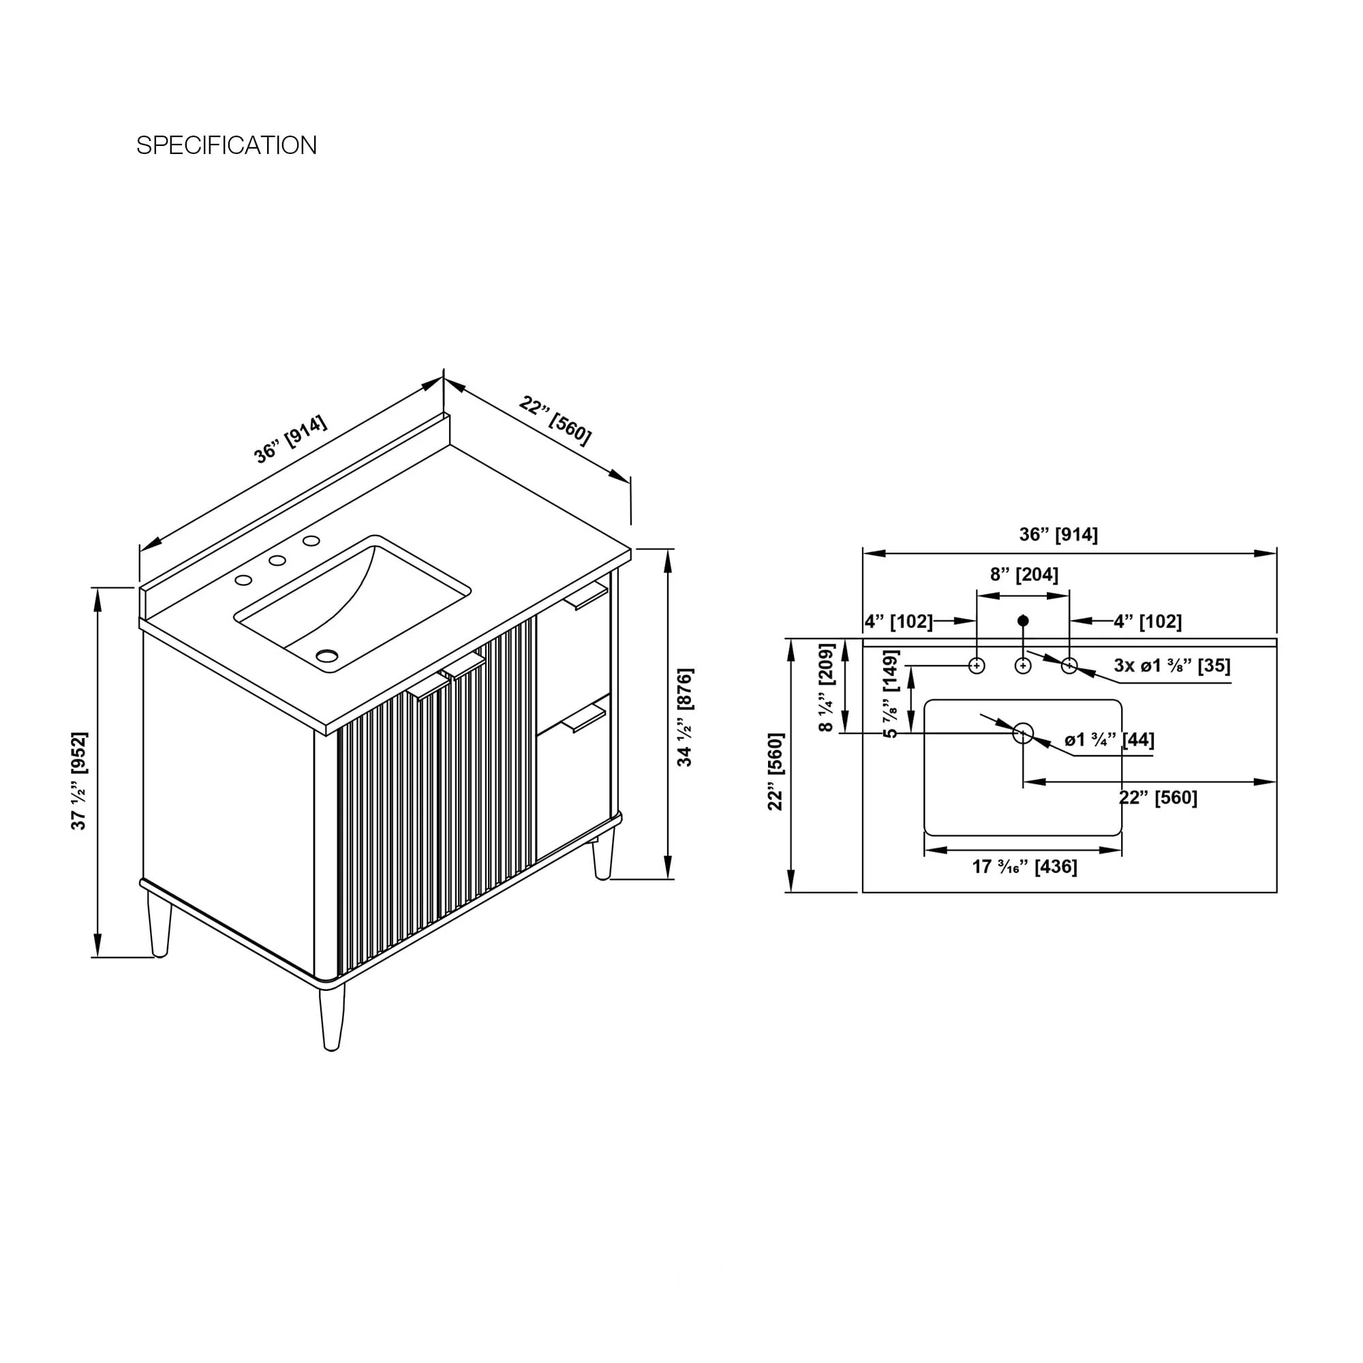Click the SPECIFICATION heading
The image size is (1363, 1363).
click(226, 145)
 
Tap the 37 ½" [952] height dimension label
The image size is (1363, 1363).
click(79, 780)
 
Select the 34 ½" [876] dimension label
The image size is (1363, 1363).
click(684, 717)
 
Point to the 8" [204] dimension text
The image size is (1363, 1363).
click(1024, 575)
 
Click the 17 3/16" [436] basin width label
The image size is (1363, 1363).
click(1024, 866)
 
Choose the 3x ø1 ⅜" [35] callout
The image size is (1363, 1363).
click(1171, 665)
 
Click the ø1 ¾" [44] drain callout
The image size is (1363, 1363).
click(1109, 740)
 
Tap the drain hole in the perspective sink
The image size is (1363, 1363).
click(326, 656)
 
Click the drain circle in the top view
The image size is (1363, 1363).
click(1023, 734)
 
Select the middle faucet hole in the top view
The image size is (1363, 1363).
click(1023, 665)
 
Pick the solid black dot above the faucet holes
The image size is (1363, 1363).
click(1023, 621)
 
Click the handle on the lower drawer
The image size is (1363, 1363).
click(583, 720)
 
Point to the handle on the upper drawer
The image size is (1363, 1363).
click(585, 597)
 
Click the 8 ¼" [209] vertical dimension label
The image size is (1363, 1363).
click(826, 687)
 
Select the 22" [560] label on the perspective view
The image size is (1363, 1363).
click(555, 420)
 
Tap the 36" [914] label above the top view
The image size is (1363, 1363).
click(1058, 535)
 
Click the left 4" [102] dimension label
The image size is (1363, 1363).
click(899, 622)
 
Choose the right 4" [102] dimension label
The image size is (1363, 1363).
click(1148, 622)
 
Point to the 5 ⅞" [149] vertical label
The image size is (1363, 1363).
click(891, 694)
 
